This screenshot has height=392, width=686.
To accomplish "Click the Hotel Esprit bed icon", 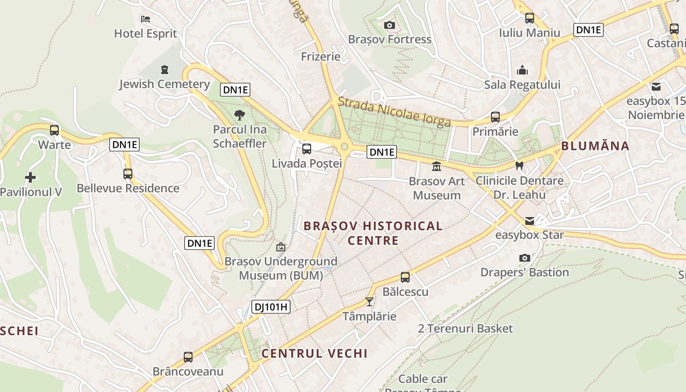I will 145,19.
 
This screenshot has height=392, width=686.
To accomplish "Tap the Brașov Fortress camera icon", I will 390,25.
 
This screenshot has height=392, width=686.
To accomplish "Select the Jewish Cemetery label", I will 164,84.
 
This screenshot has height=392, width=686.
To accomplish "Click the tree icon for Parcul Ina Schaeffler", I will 239,115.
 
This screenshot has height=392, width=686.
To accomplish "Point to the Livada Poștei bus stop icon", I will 307,149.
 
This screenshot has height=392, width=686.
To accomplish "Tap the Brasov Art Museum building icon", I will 437,167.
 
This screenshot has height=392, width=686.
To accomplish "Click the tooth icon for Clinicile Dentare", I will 519,166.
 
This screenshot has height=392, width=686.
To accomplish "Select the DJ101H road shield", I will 271,307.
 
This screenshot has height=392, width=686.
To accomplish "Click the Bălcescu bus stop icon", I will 405,277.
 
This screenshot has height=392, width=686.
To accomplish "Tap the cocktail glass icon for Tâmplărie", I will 369,302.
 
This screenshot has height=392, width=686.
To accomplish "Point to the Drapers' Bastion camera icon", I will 525,258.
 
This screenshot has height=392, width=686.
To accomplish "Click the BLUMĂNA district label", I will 595,146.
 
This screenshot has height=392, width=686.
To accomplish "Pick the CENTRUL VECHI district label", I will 314,353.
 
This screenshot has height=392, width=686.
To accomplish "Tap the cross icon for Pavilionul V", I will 30,177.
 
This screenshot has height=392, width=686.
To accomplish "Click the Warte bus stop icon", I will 54,130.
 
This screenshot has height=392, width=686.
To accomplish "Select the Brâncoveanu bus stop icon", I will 188,357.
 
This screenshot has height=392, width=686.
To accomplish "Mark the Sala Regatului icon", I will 522,70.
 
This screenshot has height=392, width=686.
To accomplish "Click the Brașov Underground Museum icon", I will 281,247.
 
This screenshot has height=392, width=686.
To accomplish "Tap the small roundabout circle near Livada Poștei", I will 344,146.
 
